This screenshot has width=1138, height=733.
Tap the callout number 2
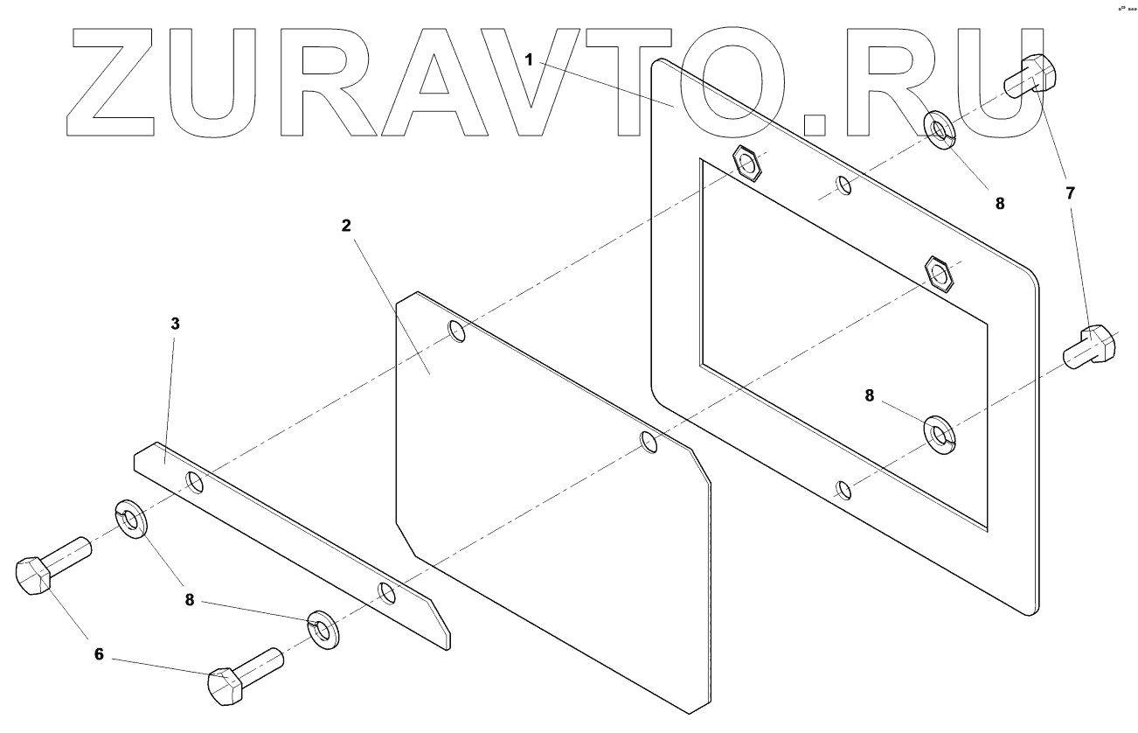[346, 225]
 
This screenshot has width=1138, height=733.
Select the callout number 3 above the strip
[175, 324]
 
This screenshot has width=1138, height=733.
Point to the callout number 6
[99, 653]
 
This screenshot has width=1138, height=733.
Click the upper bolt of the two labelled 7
[1032, 76]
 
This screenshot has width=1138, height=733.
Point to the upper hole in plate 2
[456, 331]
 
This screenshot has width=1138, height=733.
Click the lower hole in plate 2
[649, 442]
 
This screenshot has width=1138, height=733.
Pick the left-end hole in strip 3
[194, 483]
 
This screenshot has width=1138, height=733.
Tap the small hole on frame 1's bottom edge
[843, 489]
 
